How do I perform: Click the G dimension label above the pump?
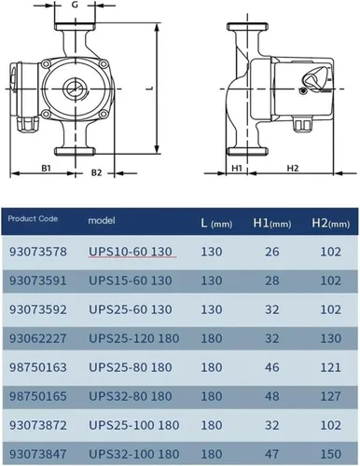[75, 6]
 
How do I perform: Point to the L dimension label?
[150, 89]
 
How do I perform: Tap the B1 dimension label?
[46, 168]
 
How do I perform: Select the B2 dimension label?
[96, 172]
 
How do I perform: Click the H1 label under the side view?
[237, 168]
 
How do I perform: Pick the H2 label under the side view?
[292, 168]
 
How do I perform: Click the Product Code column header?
[33, 219]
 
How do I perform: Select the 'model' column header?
[102, 221]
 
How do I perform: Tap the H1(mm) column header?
[272, 224]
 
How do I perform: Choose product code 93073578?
[38, 252]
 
